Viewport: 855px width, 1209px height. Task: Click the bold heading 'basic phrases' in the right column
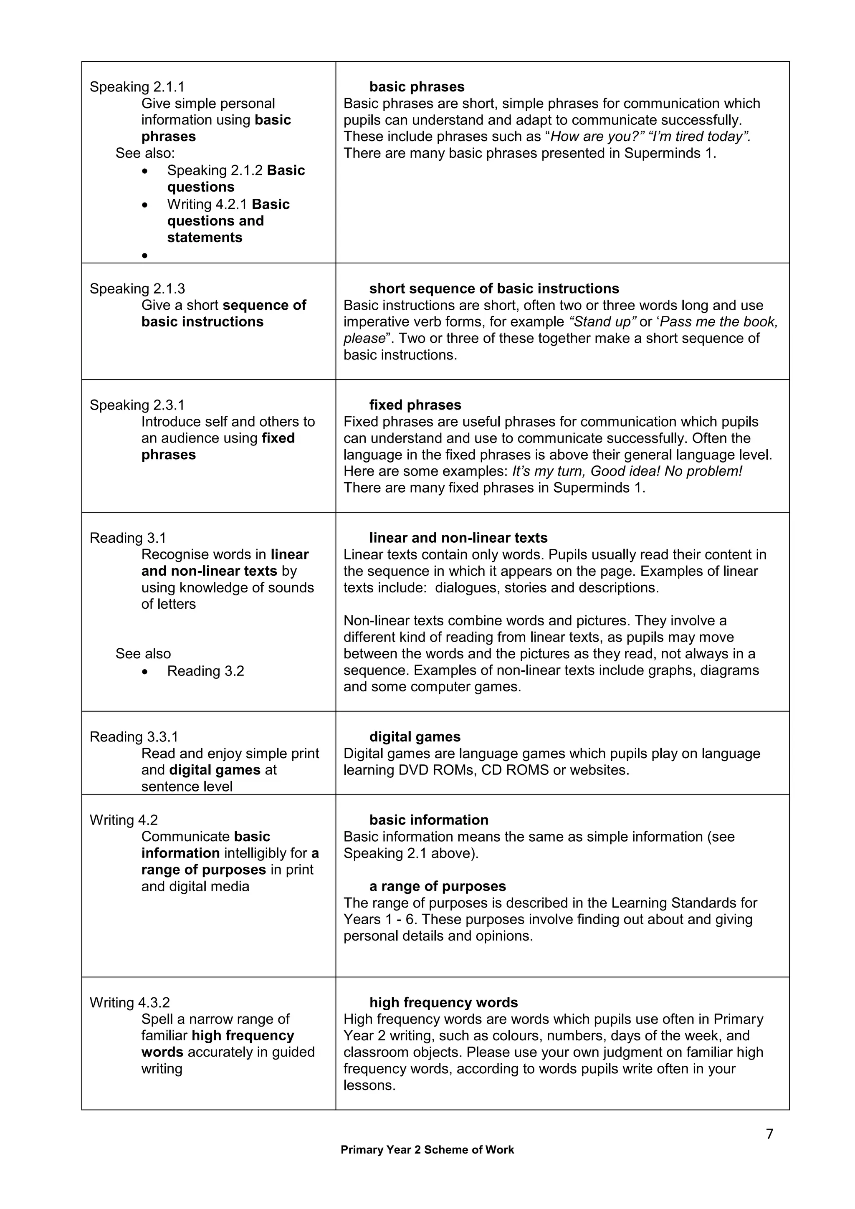417,87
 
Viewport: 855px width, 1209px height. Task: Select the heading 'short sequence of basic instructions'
494,288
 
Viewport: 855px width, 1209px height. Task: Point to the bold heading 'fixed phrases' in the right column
415,405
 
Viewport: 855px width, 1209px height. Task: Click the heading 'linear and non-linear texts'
458,538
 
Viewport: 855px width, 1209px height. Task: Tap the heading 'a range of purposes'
437,886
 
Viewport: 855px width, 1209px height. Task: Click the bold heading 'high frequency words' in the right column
443,1003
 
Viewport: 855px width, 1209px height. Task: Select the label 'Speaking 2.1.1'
137,87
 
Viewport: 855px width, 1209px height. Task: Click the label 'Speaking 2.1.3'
137,288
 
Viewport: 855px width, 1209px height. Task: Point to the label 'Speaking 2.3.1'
137,405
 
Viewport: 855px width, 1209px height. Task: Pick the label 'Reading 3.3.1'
134,737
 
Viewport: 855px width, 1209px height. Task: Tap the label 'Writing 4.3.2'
129,1003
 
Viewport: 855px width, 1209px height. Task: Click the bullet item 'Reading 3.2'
205,671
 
